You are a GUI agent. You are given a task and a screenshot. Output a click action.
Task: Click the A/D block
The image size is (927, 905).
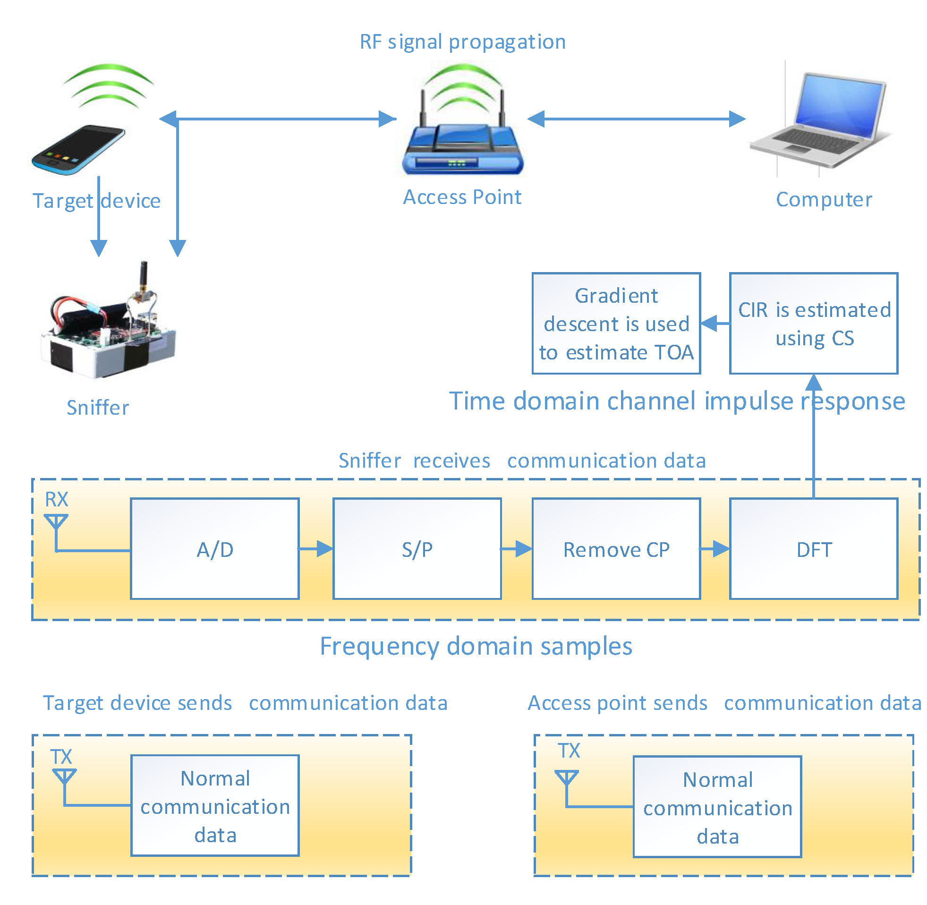(x=215, y=549)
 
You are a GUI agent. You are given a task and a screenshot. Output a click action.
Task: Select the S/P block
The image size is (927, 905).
(x=417, y=549)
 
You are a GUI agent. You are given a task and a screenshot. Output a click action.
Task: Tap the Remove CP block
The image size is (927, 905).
(x=616, y=549)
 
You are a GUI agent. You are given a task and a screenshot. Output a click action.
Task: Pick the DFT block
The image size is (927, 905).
(x=814, y=549)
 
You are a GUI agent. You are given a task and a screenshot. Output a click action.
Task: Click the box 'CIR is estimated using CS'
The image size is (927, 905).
(x=814, y=323)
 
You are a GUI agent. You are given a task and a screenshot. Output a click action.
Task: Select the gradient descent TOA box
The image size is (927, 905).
(x=616, y=323)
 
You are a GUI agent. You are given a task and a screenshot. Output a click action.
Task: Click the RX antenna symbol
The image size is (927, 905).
(x=56, y=522)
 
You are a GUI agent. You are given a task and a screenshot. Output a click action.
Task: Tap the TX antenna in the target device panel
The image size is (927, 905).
(x=64, y=777)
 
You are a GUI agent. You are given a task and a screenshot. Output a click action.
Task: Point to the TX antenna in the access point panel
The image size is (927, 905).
(x=566, y=778)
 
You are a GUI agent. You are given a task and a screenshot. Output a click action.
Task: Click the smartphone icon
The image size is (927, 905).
(x=78, y=150)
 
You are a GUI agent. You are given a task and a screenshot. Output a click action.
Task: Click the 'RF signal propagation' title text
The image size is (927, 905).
(x=462, y=42)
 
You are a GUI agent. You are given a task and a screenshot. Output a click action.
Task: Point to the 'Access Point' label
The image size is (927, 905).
(x=462, y=197)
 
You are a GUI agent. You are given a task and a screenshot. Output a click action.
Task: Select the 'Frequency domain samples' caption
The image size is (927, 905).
(x=476, y=647)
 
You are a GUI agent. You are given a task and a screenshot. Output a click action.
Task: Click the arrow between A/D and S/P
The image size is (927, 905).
(x=316, y=549)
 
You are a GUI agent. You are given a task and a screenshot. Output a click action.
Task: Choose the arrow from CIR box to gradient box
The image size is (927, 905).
(x=715, y=324)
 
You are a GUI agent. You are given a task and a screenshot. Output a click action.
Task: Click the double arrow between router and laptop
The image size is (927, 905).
(x=637, y=119)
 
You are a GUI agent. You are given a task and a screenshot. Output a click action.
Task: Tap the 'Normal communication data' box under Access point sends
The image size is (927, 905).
(x=717, y=808)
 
